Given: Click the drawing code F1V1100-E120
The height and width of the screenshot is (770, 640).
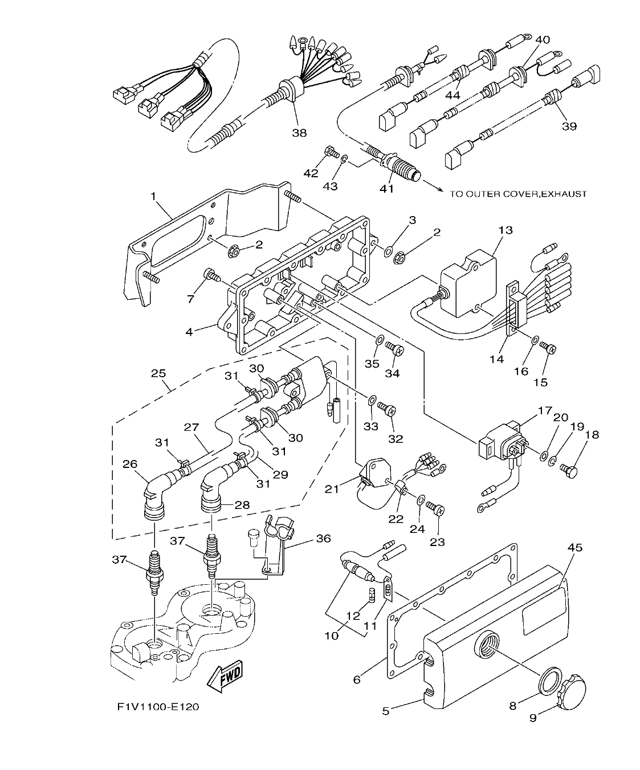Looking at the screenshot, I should pos(158,707).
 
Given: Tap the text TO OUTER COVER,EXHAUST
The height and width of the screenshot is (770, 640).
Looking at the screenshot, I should pos(518,194).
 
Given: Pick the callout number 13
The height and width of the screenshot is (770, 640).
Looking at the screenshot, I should pos(505,230).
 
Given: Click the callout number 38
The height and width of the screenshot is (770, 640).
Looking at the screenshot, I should pos(299,133).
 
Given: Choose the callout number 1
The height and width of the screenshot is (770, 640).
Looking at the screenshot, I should pos(153,197).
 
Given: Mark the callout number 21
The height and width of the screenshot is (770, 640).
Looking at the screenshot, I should pos(332,488).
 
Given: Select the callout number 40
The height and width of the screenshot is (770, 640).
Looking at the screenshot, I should pos(543,39).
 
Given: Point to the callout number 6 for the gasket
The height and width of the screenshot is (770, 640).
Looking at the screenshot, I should pos(357,679).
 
